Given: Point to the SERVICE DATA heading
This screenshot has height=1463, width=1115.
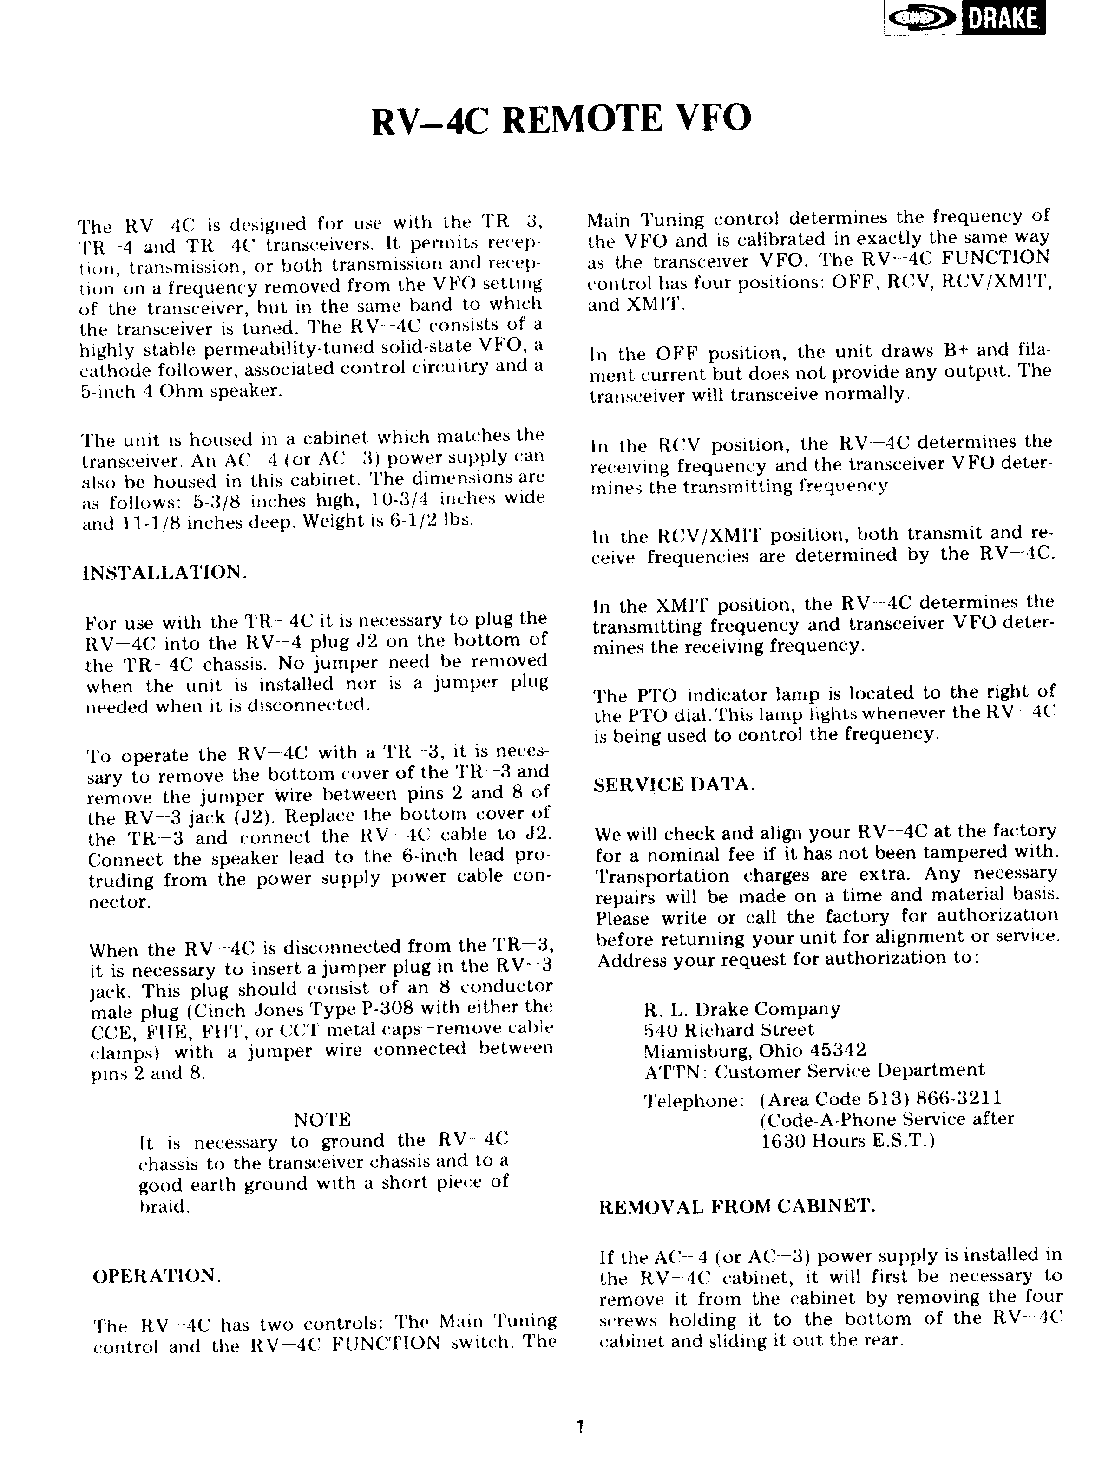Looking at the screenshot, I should coord(674,785).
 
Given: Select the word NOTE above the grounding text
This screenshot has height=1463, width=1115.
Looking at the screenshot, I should coord(322,1120).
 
